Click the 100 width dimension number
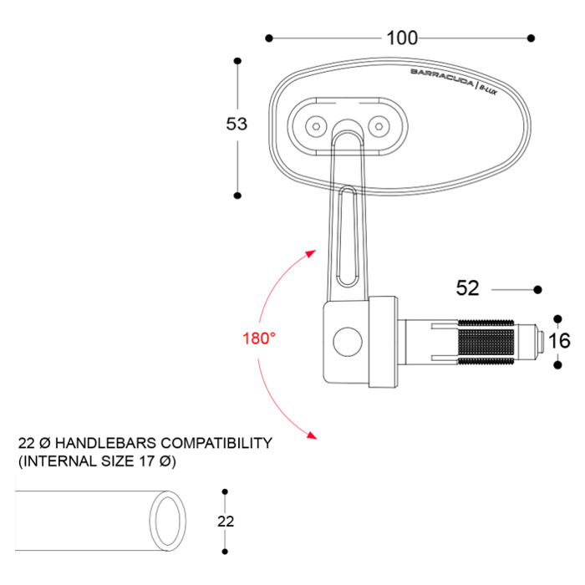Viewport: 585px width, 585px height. [402, 38]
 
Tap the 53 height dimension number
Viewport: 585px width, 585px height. [237, 124]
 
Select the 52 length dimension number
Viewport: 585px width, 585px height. [467, 288]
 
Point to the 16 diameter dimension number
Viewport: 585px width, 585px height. [560, 341]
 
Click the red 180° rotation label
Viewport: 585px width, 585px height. [259, 338]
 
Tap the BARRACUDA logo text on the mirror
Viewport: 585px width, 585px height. [442, 77]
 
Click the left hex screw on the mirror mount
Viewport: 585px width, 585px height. [317, 126]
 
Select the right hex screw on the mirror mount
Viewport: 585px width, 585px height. [379, 126]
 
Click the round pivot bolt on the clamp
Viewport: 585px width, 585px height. [348, 342]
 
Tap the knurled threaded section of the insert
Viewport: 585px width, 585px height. [486, 342]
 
